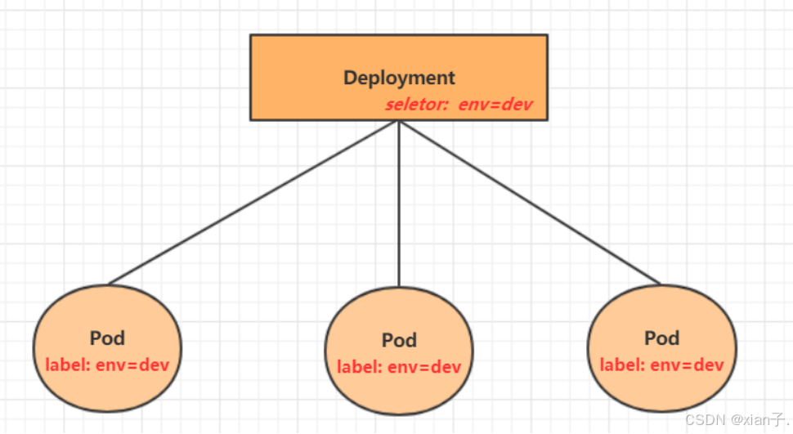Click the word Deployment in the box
[399, 78]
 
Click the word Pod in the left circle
[107, 338]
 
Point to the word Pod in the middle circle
[399, 340]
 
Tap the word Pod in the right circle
[661, 338]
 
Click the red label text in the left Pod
[107, 365]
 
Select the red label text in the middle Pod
[399, 367]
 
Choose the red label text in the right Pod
[661, 365]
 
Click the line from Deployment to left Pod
[253, 202]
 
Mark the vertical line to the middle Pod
[399, 204]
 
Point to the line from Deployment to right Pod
[530, 202]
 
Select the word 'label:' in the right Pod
[621, 365]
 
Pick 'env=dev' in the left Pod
[132, 365]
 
